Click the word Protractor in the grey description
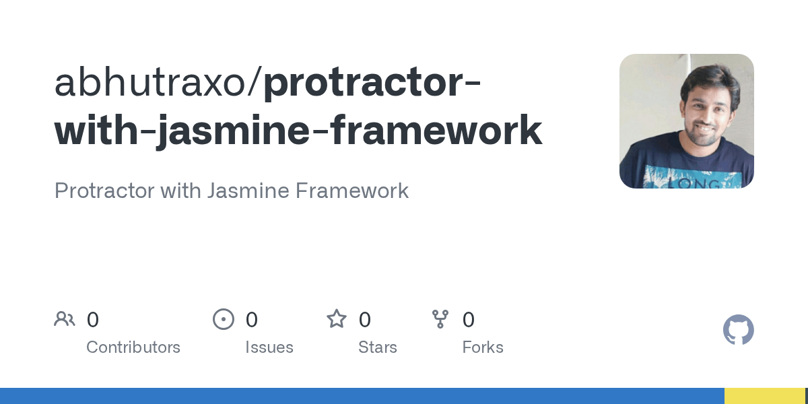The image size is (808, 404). point(104,191)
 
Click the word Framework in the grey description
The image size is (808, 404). point(352,191)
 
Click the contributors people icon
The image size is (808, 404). point(65,319)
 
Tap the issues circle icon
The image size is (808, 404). point(224,319)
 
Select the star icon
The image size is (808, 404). point(337,319)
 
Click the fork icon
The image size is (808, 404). point(440,319)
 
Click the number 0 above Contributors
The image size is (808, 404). point(93,320)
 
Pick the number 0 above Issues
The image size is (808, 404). point(252,320)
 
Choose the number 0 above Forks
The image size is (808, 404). point(469,320)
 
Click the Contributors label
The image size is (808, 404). point(133,347)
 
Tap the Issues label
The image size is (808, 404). point(269,347)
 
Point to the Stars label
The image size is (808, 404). point(378,347)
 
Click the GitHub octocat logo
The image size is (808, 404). point(739,331)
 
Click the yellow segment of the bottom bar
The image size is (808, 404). point(764,396)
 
